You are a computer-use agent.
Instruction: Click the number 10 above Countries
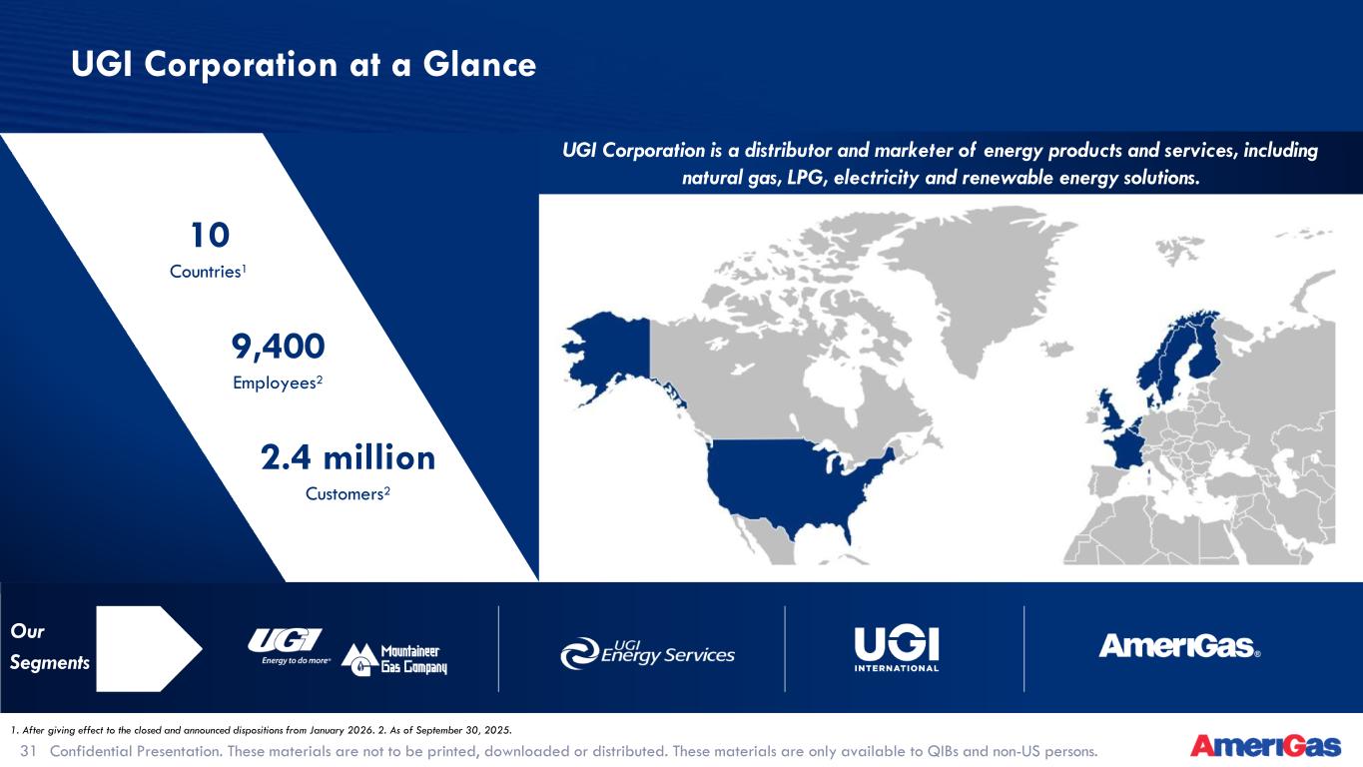point(210,235)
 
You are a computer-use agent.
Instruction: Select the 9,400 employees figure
point(278,347)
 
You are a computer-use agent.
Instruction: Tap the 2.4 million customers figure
point(348,457)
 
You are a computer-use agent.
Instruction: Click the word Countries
point(205,272)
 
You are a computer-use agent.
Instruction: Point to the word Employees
point(275,383)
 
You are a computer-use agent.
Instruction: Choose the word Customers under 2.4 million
point(344,493)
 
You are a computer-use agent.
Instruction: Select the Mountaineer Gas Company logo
point(394,659)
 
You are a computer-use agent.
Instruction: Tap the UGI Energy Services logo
point(647,653)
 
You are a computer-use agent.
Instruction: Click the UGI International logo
point(897,649)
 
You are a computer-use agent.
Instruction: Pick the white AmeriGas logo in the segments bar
point(1179,646)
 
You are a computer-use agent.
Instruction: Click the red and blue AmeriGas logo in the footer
point(1266,746)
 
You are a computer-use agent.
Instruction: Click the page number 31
point(29,751)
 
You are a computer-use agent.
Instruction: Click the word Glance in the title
point(479,65)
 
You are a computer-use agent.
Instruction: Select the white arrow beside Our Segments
point(149,649)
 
